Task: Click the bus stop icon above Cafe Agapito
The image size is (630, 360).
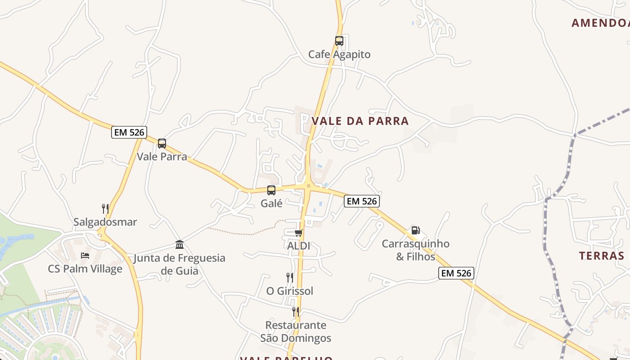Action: click(339, 41)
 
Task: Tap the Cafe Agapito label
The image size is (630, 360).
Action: click(339, 54)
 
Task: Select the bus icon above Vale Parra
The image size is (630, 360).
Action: click(162, 144)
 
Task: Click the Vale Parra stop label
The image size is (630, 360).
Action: click(162, 157)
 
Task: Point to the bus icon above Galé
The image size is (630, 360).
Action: click(271, 190)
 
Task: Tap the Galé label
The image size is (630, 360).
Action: click(271, 203)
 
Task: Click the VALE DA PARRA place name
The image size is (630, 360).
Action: click(360, 121)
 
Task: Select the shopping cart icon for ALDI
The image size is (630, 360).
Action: click(298, 233)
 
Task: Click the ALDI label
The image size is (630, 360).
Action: click(298, 246)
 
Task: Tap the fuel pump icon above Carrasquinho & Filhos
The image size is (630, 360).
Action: click(415, 230)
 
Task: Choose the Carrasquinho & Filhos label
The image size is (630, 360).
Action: click(415, 250)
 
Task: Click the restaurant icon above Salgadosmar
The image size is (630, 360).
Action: click(105, 209)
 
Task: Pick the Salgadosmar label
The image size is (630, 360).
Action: click(105, 222)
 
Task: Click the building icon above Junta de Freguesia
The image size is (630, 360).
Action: click(180, 245)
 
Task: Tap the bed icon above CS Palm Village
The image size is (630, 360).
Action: click(85, 256)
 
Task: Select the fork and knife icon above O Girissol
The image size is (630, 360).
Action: click(290, 278)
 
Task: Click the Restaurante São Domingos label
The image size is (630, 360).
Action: click(296, 332)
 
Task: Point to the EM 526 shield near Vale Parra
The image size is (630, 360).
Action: click(129, 132)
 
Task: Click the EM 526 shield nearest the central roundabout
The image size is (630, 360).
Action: click(362, 201)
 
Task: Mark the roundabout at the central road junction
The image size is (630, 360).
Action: click(308, 185)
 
